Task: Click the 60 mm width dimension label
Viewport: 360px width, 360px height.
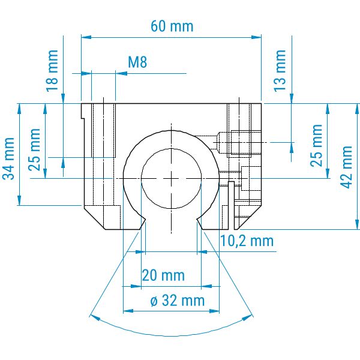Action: point(172,26)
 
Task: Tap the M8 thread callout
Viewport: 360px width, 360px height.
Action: point(137,62)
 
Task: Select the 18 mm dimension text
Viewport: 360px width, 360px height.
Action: point(52,71)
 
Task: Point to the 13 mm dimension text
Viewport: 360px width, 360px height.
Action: point(280,71)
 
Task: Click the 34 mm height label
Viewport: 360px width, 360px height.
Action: point(8,159)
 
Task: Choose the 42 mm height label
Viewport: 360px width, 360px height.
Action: point(347,167)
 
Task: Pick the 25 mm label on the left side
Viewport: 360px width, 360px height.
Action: point(34,149)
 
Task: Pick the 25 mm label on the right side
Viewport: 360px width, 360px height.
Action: point(316,145)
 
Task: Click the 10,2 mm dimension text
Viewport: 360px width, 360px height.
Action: point(247,241)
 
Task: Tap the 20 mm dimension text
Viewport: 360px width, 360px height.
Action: point(163,275)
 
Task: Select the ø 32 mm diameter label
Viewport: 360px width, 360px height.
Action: point(178,301)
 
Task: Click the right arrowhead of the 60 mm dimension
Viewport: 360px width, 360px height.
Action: point(256,37)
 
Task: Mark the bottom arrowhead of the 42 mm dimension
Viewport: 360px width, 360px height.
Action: point(357,224)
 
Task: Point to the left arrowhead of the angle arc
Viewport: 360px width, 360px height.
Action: point(95,317)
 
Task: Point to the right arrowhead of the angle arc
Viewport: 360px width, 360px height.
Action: point(248,318)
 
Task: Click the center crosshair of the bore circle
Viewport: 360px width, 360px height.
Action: point(171,178)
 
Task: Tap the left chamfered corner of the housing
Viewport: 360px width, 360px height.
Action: point(94,218)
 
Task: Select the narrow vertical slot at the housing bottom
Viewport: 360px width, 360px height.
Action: point(232,205)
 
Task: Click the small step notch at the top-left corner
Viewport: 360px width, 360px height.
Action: point(83,111)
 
